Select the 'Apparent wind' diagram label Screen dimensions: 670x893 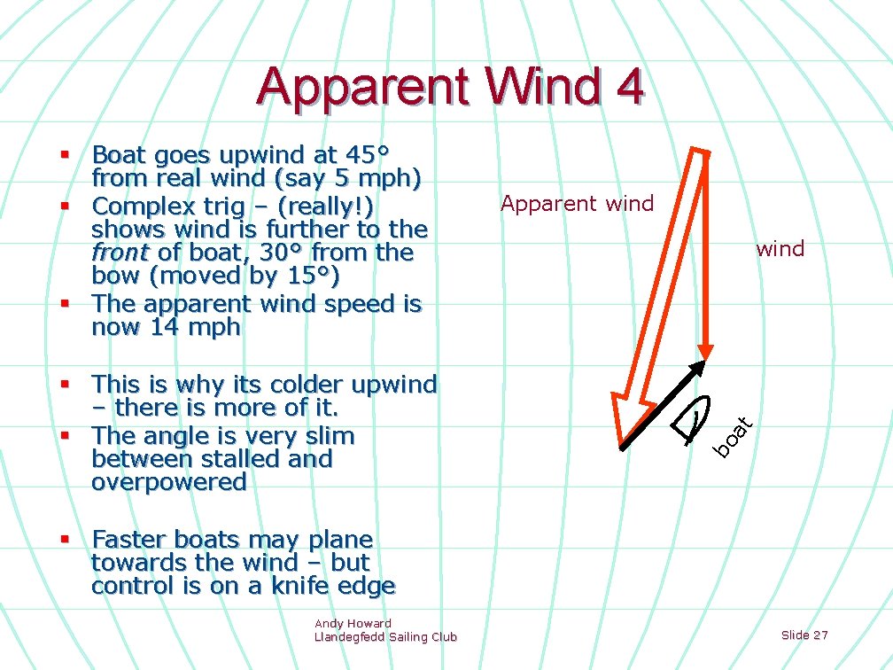tap(577, 204)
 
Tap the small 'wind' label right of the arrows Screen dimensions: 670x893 tap(780, 249)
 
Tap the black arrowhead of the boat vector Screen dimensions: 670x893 tap(698, 368)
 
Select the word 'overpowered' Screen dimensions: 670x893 tap(168, 483)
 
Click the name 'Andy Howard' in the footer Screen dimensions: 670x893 tap(353, 623)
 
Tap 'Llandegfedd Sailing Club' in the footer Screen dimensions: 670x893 tap(385, 636)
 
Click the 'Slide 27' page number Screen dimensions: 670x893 tap(804, 635)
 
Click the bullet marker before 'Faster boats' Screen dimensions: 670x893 tap(65, 539)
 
